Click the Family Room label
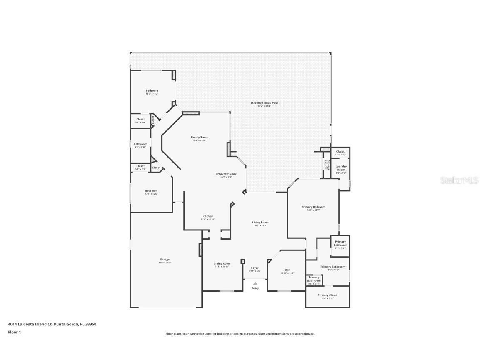200,137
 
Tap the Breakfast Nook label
226,174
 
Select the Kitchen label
207,216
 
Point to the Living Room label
260,222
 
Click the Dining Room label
222,264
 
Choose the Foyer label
255,268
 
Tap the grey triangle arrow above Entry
255,283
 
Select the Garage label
165,260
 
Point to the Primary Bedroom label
313,207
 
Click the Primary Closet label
327,295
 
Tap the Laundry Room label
341,168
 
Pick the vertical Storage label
328,165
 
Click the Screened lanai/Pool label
264,103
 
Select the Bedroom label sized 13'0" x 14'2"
152,91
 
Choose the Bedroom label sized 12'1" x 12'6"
151,191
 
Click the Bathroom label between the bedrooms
140,144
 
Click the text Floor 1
14,332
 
